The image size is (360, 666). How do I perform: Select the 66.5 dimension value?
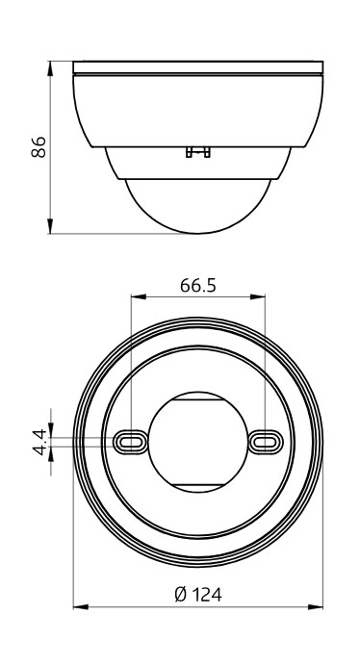[x=196, y=286]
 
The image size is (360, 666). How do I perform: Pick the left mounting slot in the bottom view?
[x=129, y=440]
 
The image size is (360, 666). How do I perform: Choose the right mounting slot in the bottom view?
[x=263, y=440]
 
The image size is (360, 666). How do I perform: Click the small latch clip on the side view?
[x=197, y=151]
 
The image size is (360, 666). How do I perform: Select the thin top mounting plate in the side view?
[x=197, y=68]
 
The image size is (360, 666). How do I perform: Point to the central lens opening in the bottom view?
[x=196, y=440]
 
